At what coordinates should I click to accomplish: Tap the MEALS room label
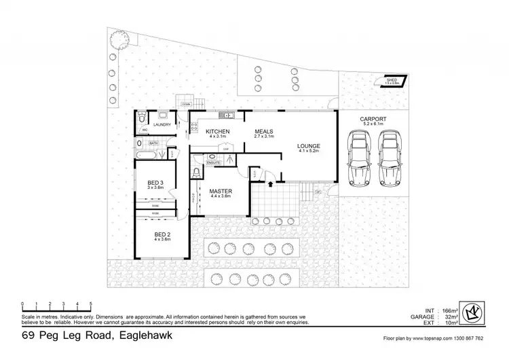tap(265, 131)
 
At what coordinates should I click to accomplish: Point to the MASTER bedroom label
tap(221, 192)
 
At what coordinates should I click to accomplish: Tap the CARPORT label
tap(373, 119)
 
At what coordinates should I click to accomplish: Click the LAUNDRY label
tap(162, 125)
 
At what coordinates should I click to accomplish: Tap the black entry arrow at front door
tap(271, 183)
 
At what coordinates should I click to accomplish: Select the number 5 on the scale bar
tap(90, 303)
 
